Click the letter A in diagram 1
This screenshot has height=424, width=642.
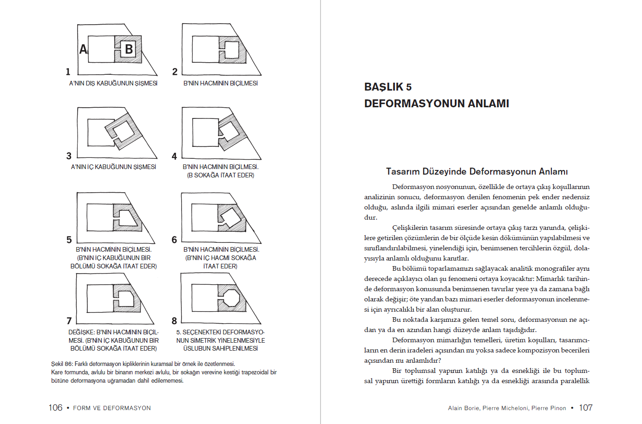[x=83, y=49]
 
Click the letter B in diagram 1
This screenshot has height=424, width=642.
[x=129, y=49]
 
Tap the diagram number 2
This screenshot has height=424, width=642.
[x=175, y=72]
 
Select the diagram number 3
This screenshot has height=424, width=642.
[x=69, y=156]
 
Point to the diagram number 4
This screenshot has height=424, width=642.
[x=174, y=157]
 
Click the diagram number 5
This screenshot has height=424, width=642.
[x=69, y=240]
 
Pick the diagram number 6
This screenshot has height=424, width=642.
[x=174, y=240]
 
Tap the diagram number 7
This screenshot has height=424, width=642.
[x=69, y=321]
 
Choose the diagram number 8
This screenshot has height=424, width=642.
[x=174, y=321]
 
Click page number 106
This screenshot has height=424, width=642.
[x=55, y=408]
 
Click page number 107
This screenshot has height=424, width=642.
[x=585, y=408]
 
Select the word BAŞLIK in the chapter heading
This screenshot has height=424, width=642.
[x=384, y=87]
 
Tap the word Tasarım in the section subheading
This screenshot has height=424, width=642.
[x=403, y=171]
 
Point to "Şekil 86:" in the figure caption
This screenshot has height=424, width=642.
[x=62, y=364]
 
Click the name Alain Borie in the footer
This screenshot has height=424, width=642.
[x=463, y=408]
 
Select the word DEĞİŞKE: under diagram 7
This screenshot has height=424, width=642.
[x=81, y=333]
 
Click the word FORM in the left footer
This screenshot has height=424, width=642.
[x=82, y=408]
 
